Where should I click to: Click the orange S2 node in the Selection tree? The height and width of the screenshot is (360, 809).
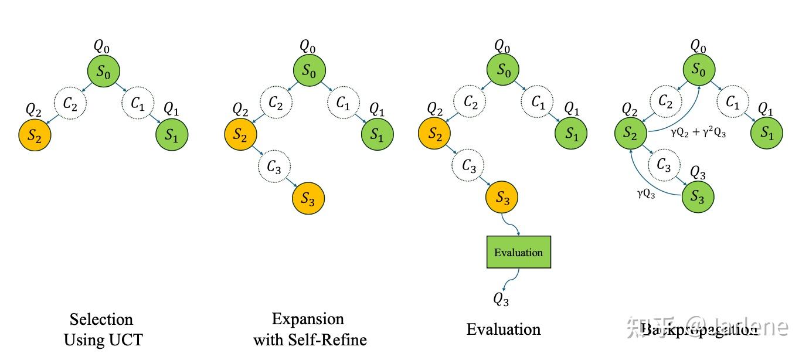[x=35, y=135]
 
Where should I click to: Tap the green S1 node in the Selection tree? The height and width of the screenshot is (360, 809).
[x=171, y=135]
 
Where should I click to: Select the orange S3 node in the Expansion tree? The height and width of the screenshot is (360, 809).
[x=308, y=199]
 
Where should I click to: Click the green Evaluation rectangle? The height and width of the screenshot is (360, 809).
[x=519, y=252]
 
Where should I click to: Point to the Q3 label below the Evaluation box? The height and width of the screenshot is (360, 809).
[x=501, y=300]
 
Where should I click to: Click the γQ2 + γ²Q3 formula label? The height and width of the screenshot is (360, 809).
[x=698, y=134]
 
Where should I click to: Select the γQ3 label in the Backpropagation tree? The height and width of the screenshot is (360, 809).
[x=646, y=194]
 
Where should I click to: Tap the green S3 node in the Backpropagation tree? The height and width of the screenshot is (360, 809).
[x=698, y=197]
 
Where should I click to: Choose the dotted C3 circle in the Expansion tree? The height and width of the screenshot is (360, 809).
[x=274, y=167]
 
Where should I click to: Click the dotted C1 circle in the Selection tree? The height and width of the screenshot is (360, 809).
[x=137, y=104]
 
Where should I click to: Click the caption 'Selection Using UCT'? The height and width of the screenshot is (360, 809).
[x=102, y=330]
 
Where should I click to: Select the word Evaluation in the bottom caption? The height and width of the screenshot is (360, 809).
[x=504, y=330]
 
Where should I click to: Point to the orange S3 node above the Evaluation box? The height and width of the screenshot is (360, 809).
[x=502, y=198]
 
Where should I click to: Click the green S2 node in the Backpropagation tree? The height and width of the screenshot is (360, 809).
[x=630, y=134]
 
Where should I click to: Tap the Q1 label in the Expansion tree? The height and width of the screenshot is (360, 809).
[x=377, y=109]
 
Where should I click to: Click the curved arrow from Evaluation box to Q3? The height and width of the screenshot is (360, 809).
[x=514, y=280]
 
